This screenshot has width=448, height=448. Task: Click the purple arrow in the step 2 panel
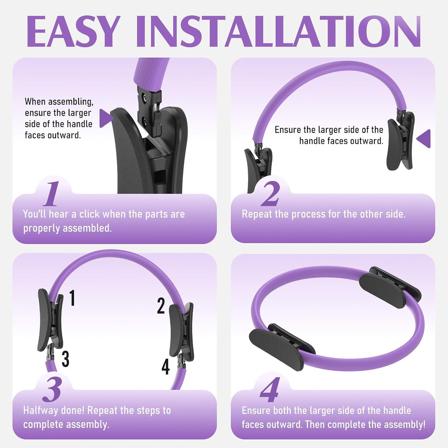pyautogui.click(x=424, y=139)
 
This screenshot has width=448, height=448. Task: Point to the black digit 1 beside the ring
pyautogui.click(x=73, y=298)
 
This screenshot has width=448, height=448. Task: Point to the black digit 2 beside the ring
pyautogui.click(x=161, y=306)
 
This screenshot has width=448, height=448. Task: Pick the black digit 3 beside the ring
pyautogui.click(x=65, y=359)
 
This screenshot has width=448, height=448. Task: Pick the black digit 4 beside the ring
pyautogui.click(x=166, y=366)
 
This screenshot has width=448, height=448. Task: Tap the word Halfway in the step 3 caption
pyautogui.click(x=41, y=410)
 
